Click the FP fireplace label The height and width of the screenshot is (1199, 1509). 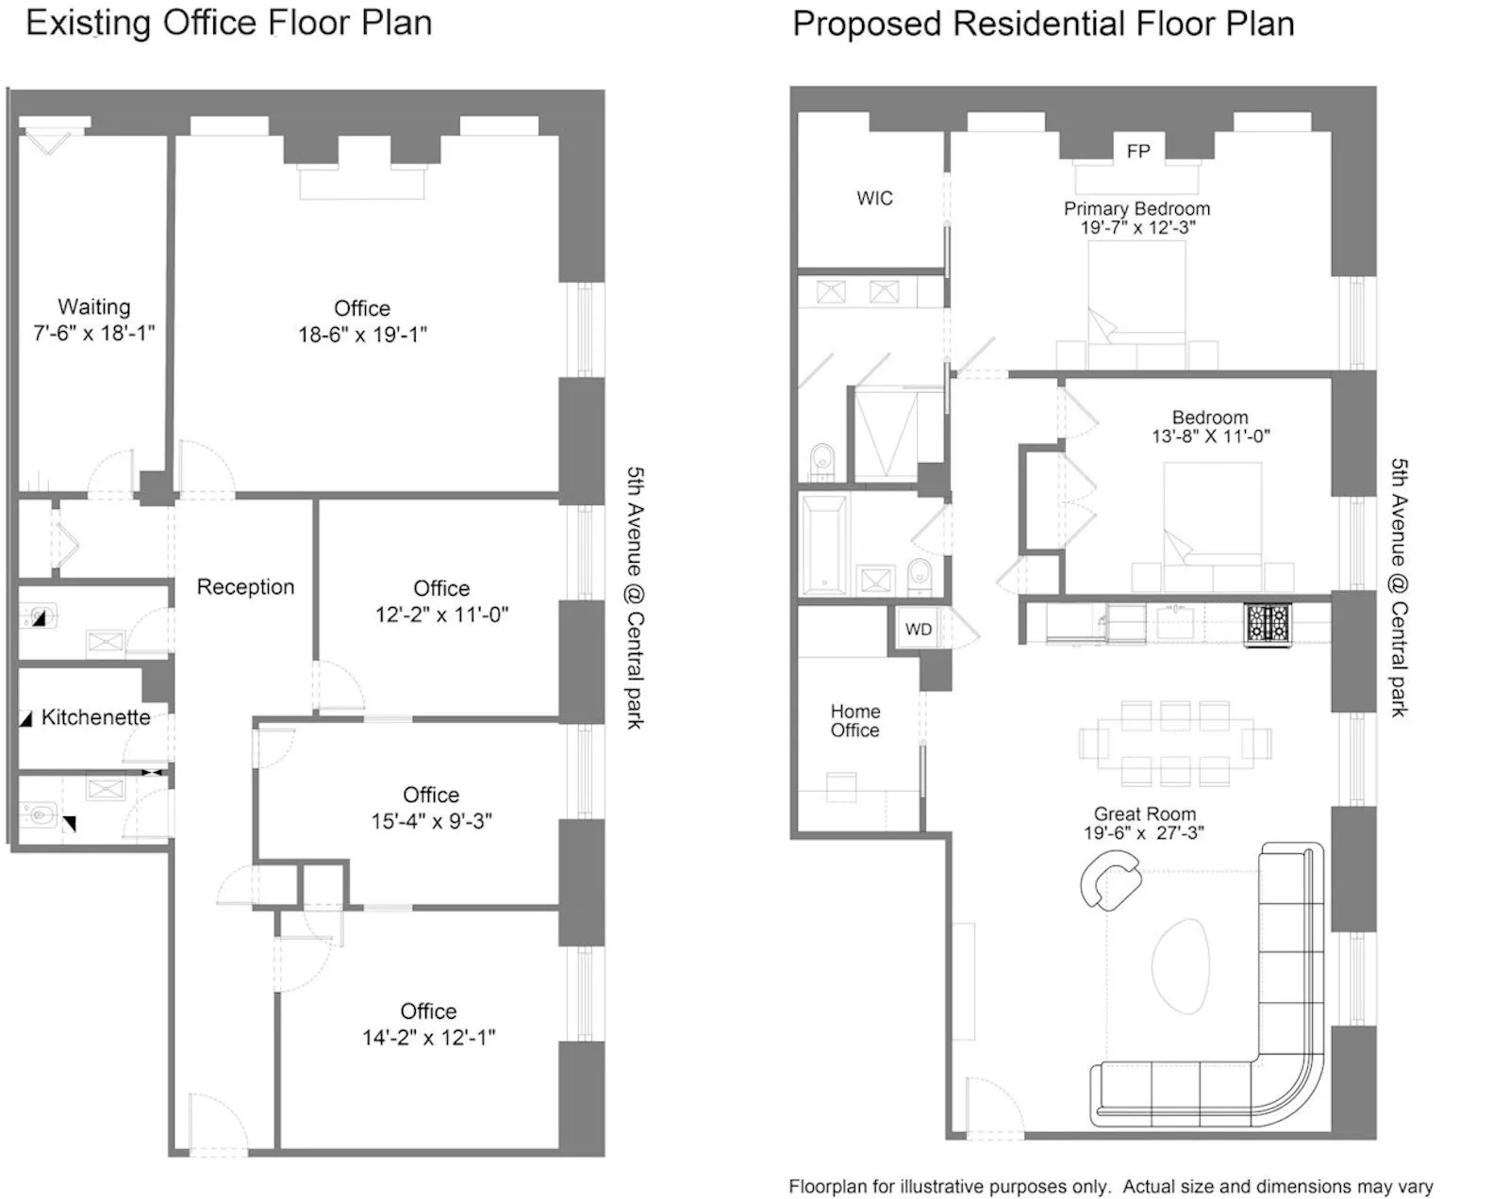click(x=1137, y=151)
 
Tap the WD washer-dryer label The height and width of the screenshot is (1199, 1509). click(x=918, y=630)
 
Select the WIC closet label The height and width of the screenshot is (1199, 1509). click(x=874, y=198)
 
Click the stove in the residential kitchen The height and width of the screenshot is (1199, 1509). click(x=1268, y=624)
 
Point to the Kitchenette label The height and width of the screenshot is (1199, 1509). click(x=95, y=717)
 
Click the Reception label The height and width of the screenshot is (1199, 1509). click(x=245, y=587)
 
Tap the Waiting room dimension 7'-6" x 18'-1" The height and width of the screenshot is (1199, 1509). click(x=93, y=333)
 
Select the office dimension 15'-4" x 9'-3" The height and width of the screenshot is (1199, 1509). click(x=431, y=821)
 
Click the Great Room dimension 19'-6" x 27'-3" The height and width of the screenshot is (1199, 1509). click(x=1143, y=833)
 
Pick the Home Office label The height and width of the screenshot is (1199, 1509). click(x=854, y=721)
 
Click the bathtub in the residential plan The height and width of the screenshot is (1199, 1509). click(x=823, y=545)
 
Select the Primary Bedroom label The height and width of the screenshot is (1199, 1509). click(x=1136, y=208)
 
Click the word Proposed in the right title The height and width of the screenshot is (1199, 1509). click(x=867, y=24)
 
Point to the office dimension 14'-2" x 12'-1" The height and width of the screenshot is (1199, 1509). click(x=428, y=1037)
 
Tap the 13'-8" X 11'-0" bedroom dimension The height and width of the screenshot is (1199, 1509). click(x=1210, y=436)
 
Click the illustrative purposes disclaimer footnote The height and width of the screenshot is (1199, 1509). click(x=1110, y=1186)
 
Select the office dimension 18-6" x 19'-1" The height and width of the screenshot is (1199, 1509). click(x=362, y=334)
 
